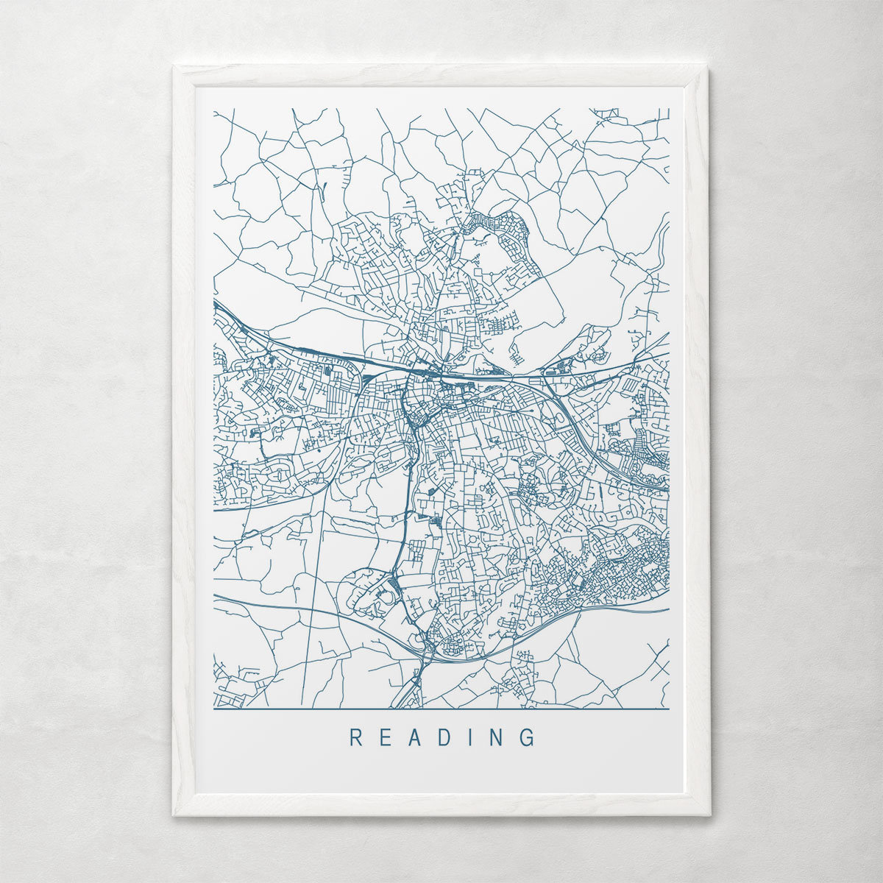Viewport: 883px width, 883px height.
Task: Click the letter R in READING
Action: click(x=355, y=737)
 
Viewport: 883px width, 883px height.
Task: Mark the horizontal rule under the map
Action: click(x=441, y=709)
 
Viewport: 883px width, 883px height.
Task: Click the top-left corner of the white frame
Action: click(x=174, y=67)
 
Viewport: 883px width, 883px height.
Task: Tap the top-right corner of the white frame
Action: click(x=707, y=67)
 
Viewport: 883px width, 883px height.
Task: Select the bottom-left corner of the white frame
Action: click(x=174, y=815)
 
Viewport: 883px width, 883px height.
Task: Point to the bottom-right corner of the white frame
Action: click(x=709, y=815)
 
